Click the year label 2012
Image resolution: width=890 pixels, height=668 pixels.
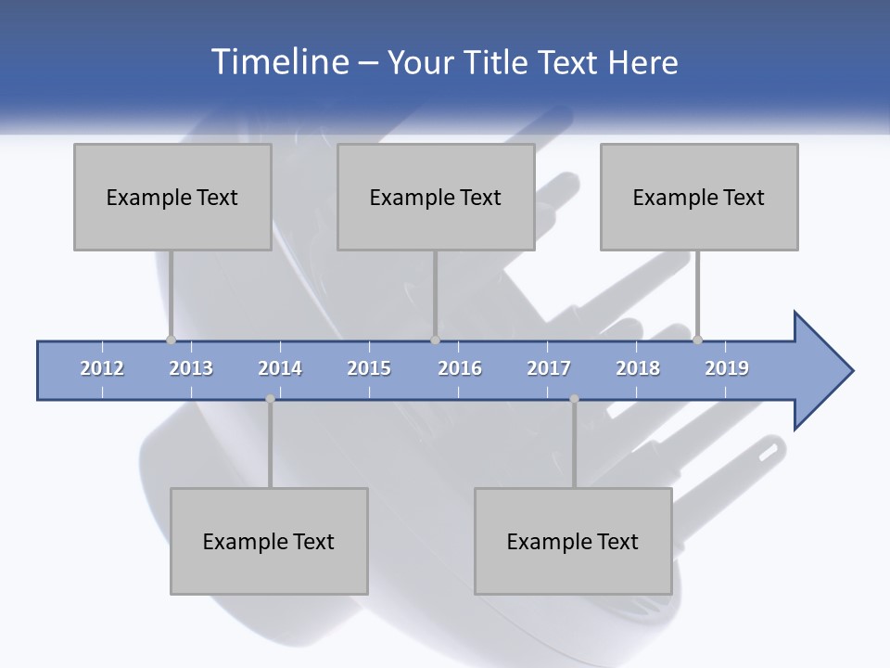pyautogui.click(x=102, y=368)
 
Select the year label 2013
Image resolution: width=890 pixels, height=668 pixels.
pyautogui.click(x=191, y=368)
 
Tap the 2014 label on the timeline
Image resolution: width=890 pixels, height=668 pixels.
pyautogui.click(x=280, y=368)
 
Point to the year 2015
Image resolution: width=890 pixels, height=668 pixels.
pyautogui.click(x=369, y=368)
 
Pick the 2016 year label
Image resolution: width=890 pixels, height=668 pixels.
pyautogui.click(x=460, y=368)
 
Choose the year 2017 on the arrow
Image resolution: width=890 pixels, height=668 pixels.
pyautogui.click(x=549, y=368)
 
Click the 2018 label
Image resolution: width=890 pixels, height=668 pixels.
pyautogui.click(x=638, y=368)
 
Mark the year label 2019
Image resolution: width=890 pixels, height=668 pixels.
pyautogui.click(x=727, y=368)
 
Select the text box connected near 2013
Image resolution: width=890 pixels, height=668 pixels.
pyautogui.click(x=172, y=197)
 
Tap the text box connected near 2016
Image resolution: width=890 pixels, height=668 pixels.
pyautogui.click(x=436, y=197)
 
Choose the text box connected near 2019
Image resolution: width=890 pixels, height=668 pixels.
pyautogui.click(x=699, y=197)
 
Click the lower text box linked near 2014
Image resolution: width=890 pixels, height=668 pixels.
pyautogui.click(x=269, y=541)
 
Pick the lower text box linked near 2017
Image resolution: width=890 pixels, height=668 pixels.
pyautogui.click(x=573, y=541)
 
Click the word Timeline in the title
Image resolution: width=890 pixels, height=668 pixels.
pyautogui.click(x=280, y=62)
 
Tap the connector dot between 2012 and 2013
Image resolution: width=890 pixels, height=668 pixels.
pyautogui.click(x=171, y=340)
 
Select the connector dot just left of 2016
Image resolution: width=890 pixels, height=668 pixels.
pyautogui.click(x=435, y=340)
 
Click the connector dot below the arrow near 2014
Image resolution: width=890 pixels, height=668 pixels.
pyautogui.click(x=270, y=399)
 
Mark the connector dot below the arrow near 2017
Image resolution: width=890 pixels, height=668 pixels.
pyautogui.click(x=574, y=399)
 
